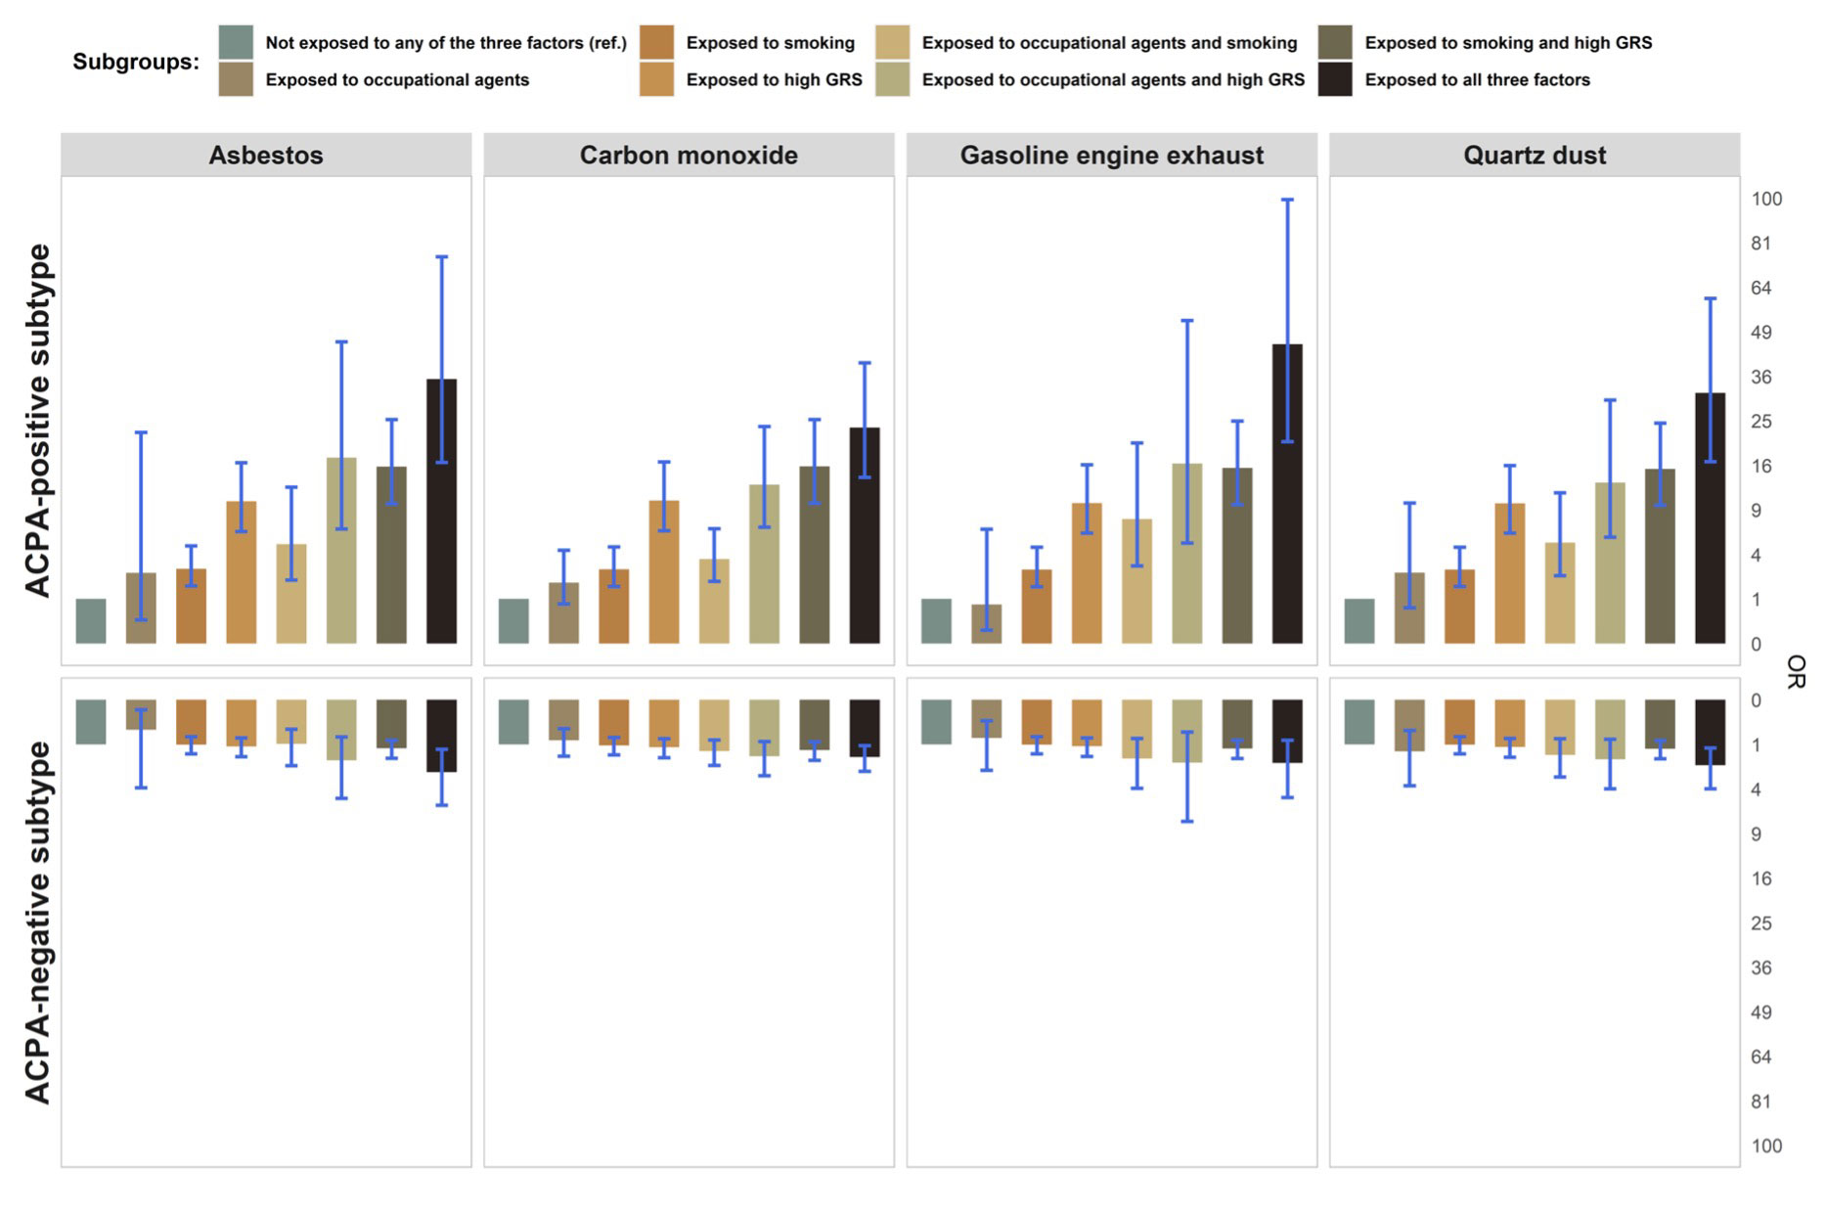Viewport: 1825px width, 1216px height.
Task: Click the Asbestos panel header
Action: (265, 156)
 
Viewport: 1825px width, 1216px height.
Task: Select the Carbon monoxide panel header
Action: (689, 156)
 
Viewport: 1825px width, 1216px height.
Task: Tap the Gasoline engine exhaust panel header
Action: (1111, 156)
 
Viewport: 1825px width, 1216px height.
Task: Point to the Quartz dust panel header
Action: (1534, 156)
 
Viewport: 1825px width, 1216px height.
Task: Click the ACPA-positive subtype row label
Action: (37, 421)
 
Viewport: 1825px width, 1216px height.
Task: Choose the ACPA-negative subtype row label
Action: (37, 922)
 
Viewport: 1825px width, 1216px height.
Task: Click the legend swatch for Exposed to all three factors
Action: (1335, 80)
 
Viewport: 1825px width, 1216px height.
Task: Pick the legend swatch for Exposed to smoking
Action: (657, 43)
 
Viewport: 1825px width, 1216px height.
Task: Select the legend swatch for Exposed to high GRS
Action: (657, 80)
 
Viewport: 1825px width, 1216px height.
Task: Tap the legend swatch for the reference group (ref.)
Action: (236, 43)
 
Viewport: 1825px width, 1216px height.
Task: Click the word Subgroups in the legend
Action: (135, 62)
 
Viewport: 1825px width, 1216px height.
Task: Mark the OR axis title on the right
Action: (1796, 671)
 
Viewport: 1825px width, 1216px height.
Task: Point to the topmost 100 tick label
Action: (1766, 200)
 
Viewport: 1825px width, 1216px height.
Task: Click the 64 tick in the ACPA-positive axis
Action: (1761, 289)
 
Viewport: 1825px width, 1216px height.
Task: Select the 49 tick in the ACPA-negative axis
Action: (1761, 1013)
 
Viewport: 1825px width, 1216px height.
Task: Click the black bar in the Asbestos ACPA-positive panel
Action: (441, 511)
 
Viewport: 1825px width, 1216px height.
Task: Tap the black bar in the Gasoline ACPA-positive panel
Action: (1287, 494)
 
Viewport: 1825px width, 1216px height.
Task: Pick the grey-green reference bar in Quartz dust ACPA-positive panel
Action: (1359, 621)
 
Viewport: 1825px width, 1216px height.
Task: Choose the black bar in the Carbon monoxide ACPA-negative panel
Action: (865, 728)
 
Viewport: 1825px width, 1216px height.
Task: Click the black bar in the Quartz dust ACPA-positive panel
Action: (1710, 518)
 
